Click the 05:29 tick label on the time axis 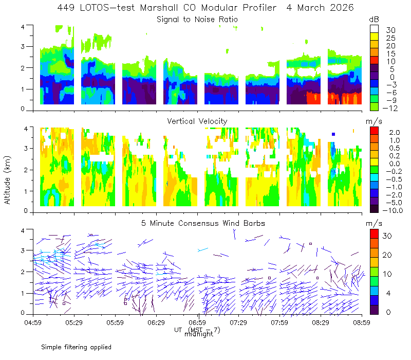(74, 322)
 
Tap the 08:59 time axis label (362, 322)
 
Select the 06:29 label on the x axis (156, 322)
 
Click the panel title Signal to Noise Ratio (197, 20)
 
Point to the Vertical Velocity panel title (197, 121)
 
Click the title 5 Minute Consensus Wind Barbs (203, 223)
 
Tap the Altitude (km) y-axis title (7, 180)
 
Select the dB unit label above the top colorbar (374, 20)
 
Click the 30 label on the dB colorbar (390, 30)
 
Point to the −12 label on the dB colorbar (390, 108)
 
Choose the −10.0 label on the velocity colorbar (393, 210)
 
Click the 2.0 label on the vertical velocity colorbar (395, 132)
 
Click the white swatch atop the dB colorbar (374, 29)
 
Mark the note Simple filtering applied (76, 347)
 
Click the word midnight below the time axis (199, 334)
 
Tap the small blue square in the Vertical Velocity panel (333, 134)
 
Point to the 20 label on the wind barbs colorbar (387, 255)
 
